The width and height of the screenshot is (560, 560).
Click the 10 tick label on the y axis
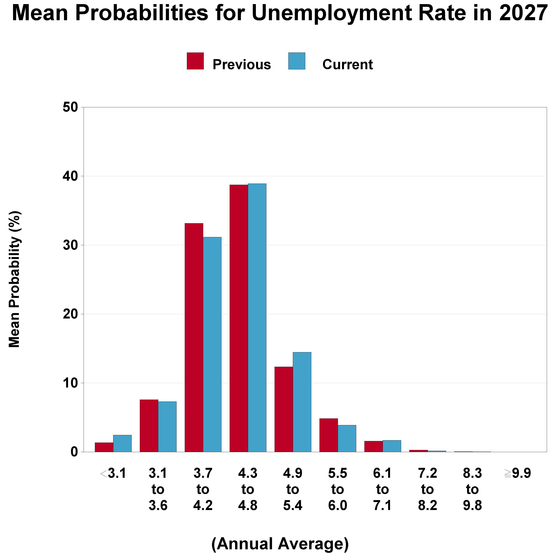pyautogui.click(x=70, y=383)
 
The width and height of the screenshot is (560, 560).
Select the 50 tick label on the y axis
pyautogui.click(x=70, y=108)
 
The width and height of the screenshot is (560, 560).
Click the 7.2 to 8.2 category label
pyautogui.click(x=428, y=490)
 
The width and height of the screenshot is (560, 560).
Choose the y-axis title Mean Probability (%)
pyautogui.click(x=15, y=279)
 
